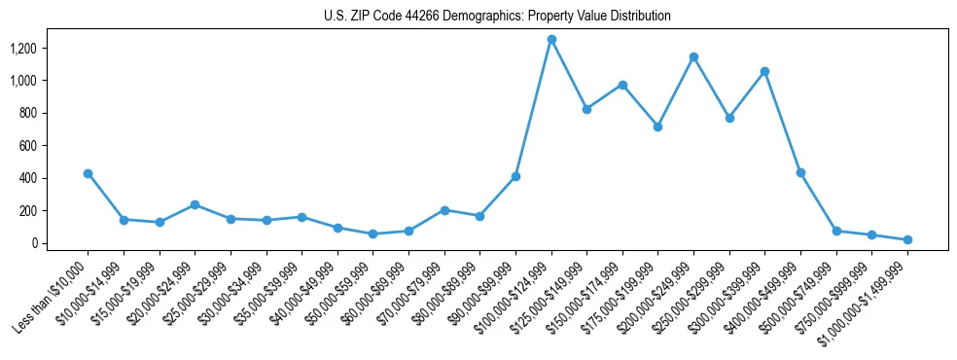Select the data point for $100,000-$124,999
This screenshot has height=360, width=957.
551,39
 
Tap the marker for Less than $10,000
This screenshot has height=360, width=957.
88,173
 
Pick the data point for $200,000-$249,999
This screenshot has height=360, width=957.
693,56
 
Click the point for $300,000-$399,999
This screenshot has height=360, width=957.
765,71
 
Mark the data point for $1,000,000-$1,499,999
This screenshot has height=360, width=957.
907,239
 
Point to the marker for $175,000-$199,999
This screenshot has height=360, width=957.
658,126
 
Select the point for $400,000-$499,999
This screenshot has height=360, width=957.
800,172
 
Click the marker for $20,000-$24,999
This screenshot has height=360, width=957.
195,204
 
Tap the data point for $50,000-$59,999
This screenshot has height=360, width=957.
372,234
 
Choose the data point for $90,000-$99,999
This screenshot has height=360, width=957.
515,176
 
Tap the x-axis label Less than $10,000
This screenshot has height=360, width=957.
53,292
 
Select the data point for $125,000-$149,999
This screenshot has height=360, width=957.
586,109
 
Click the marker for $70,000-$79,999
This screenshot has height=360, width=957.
444,210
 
